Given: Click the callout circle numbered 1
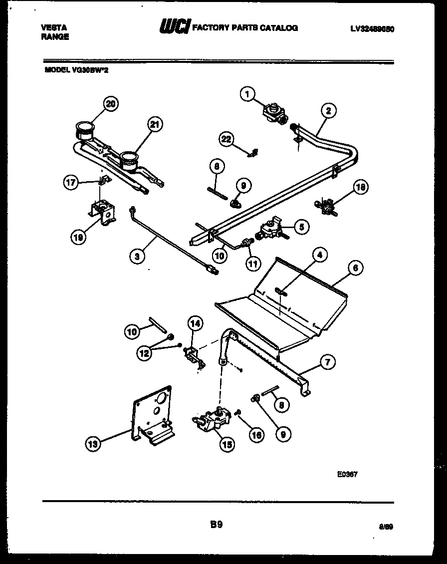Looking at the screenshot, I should click(x=247, y=93).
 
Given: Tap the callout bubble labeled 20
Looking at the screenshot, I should click(x=112, y=104).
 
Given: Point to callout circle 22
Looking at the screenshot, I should click(x=227, y=139).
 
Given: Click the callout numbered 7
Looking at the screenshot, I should click(x=327, y=363).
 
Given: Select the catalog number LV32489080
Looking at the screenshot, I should click(x=372, y=28).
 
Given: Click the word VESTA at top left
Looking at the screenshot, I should click(x=53, y=28).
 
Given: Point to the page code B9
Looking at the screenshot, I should click(x=216, y=524).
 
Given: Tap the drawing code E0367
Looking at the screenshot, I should click(x=347, y=475).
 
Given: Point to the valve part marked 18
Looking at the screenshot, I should click(x=324, y=206).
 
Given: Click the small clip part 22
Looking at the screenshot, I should click(x=253, y=152).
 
